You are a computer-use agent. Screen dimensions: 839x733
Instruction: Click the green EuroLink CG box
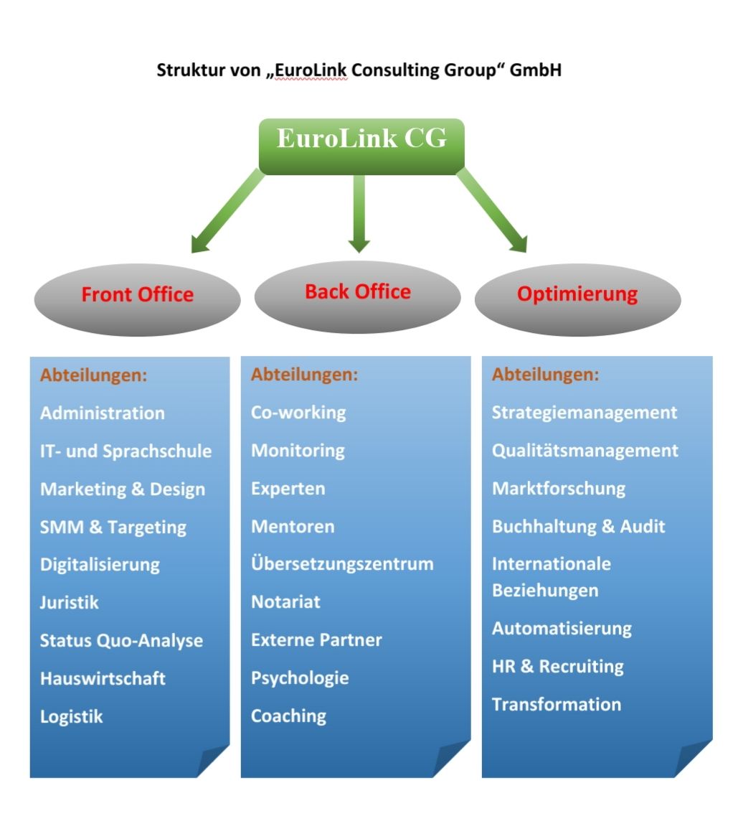point(361,146)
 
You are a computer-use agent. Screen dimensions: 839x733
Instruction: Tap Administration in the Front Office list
point(103,413)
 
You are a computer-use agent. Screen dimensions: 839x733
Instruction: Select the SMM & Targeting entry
point(113,528)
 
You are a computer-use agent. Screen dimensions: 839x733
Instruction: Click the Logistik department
point(72,716)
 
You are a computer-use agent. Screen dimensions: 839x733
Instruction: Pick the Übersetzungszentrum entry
point(342,564)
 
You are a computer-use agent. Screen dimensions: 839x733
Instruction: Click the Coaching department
point(288,716)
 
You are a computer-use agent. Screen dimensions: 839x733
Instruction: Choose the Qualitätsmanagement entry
point(585,451)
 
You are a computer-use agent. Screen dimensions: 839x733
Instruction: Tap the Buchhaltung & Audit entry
point(578,527)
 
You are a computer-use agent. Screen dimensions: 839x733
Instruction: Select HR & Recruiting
point(557,666)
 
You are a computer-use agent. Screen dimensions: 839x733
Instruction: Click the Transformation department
point(557,704)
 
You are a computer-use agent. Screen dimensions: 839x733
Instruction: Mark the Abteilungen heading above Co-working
point(304,375)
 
